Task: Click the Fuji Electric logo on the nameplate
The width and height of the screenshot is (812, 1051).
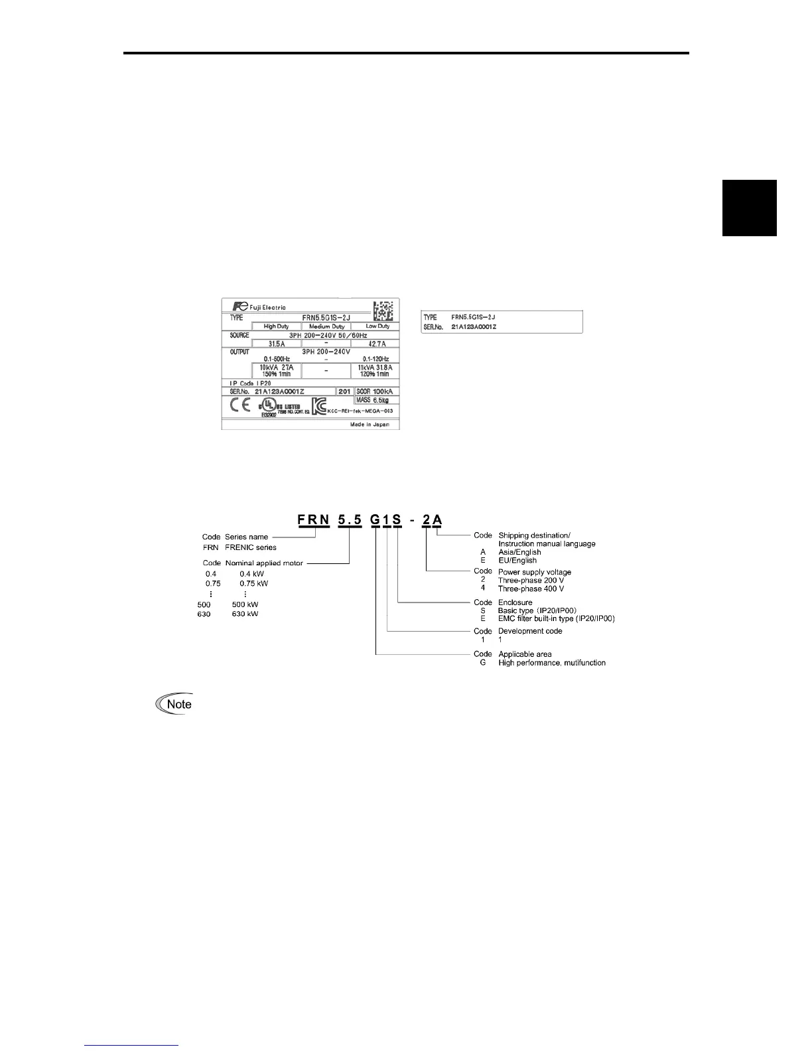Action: (259, 307)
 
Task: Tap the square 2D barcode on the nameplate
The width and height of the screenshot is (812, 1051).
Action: (383, 311)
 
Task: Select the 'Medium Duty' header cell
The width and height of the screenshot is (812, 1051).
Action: (325, 326)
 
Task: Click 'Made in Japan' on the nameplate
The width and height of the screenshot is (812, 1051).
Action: (370, 424)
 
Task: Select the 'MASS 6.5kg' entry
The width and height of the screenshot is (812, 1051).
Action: (372, 400)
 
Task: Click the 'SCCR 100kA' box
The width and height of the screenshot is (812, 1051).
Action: (374, 391)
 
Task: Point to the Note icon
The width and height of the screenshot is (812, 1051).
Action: (173, 704)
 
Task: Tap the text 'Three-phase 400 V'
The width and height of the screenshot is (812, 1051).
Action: (531, 589)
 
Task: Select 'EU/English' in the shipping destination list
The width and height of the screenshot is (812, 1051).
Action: (517, 560)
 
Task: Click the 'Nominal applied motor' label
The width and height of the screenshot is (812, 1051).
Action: (264, 563)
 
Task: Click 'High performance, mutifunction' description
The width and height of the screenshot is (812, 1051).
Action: (551, 662)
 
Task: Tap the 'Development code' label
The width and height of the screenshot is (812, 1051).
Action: (529, 631)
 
